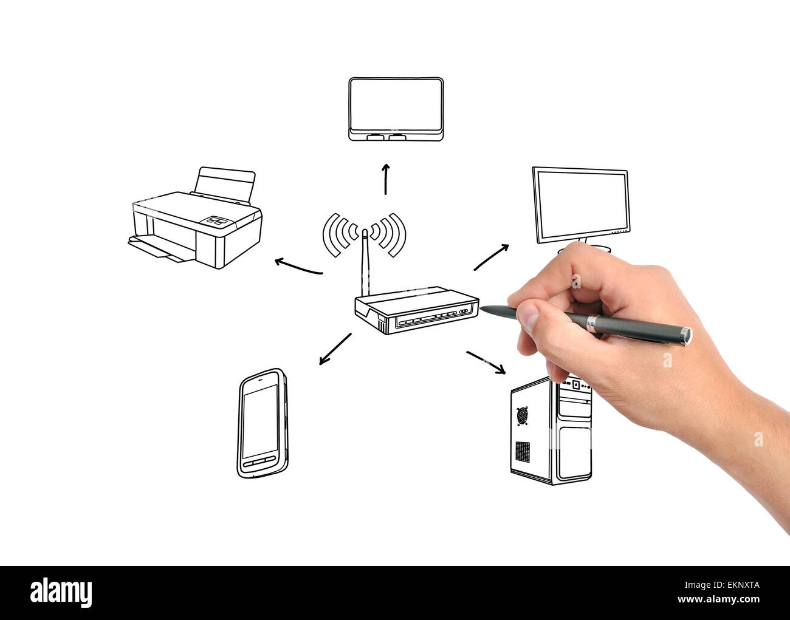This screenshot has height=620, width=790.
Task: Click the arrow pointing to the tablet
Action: coord(385,179)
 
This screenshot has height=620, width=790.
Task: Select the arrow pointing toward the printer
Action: coord(298,267)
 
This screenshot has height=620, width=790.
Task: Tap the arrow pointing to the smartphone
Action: coord(335,349)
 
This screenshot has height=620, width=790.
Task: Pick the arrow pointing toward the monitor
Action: coord(491,257)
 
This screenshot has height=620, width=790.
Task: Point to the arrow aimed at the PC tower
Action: coord(486,362)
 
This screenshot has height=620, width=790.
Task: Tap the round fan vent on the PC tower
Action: coord(522,415)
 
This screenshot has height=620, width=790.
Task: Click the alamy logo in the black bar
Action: coord(61,592)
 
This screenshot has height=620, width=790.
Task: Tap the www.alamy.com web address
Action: coord(716,600)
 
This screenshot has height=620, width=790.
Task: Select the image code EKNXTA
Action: coord(735,585)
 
